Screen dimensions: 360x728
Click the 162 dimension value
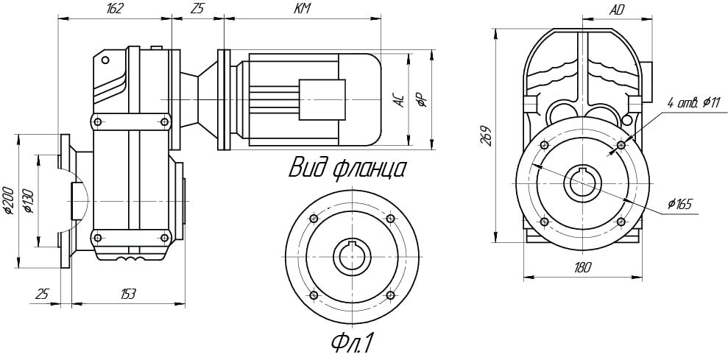[115, 9]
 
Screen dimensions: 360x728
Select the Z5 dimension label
[197, 9]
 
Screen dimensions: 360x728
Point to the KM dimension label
[302, 9]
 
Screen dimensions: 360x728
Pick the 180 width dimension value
[582, 269]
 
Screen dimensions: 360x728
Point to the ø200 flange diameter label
[8, 200]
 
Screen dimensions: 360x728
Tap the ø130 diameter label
[29, 200]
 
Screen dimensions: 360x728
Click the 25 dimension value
[43, 294]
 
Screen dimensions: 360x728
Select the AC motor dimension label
[399, 101]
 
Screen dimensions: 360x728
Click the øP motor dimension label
[421, 101]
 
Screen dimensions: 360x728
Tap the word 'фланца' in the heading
[370, 169]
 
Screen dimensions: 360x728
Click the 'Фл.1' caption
[353, 343]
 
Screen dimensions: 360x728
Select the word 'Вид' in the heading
[308, 167]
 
